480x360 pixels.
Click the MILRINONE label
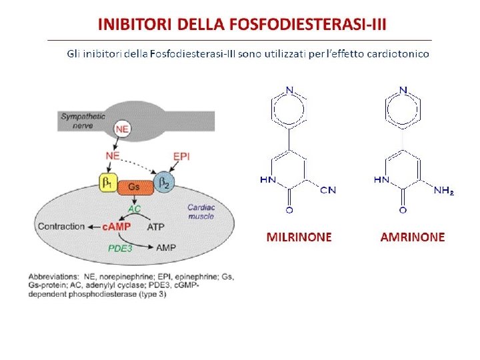[x=299, y=237]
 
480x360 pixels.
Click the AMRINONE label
[x=412, y=237]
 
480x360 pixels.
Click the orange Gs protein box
[x=135, y=187]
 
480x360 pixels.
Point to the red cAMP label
[x=116, y=227]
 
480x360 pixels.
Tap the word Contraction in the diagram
[x=61, y=227]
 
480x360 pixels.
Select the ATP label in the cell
[x=155, y=227]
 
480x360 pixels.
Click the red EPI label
[x=181, y=156]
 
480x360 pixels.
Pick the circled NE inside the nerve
[x=122, y=128]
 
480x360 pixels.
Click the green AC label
[x=135, y=209]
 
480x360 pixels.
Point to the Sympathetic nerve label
[x=83, y=120]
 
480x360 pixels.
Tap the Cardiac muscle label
[x=201, y=211]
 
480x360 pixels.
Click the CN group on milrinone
[x=328, y=190]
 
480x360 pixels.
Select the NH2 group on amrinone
[x=443, y=191]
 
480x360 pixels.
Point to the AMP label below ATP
[x=166, y=247]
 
